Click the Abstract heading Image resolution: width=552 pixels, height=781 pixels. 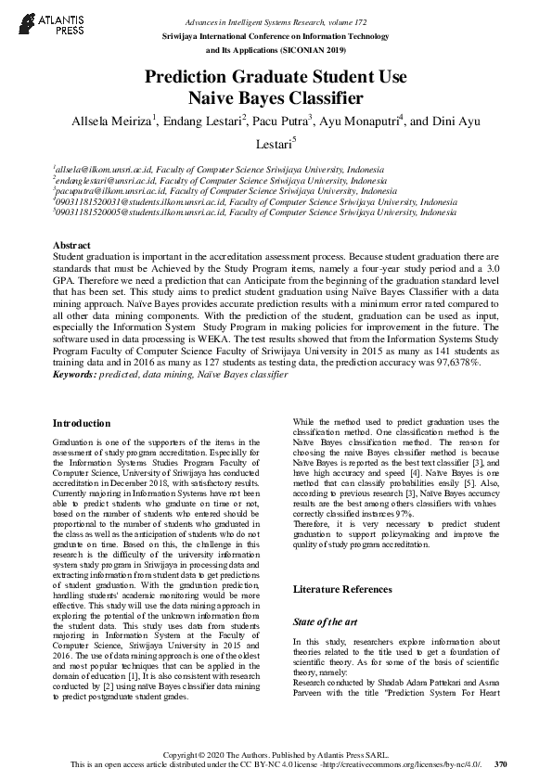click(72, 245)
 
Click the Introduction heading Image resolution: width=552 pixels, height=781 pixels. click(82, 423)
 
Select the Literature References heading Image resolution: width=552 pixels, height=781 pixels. click(342, 589)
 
